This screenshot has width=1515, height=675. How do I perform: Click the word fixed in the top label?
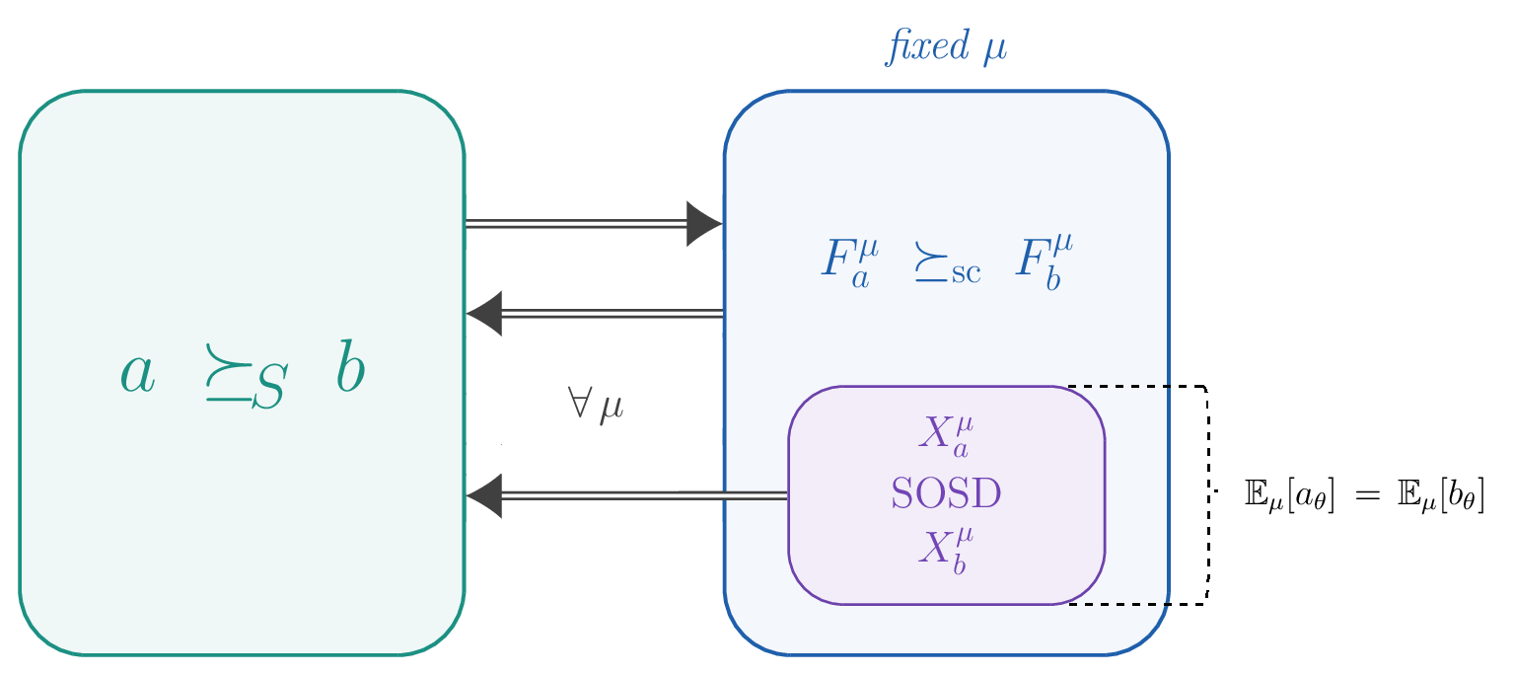(x=927, y=46)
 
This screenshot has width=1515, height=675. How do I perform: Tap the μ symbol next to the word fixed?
(x=994, y=49)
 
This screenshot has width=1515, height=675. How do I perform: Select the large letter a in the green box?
(x=138, y=373)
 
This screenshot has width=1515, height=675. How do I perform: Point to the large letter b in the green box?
(x=349, y=368)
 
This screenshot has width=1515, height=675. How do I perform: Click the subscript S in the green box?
(x=267, y=388)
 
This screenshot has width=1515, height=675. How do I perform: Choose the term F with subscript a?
(x=846, y=261)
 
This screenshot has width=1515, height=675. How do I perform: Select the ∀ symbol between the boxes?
(x=579, y=404)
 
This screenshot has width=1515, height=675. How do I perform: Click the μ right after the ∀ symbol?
(x=612, y=407)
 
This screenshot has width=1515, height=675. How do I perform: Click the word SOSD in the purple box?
(x=946, y=493)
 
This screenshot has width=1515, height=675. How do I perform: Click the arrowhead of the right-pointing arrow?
(x=704, y=224)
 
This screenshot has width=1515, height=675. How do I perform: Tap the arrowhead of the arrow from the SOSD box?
(x=484, y=495)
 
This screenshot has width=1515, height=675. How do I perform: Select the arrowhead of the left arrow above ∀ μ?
(x=484, y=314)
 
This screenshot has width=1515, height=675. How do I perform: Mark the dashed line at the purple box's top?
(x=1119, y=386)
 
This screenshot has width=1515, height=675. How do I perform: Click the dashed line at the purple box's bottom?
(x=1119, y=604)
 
